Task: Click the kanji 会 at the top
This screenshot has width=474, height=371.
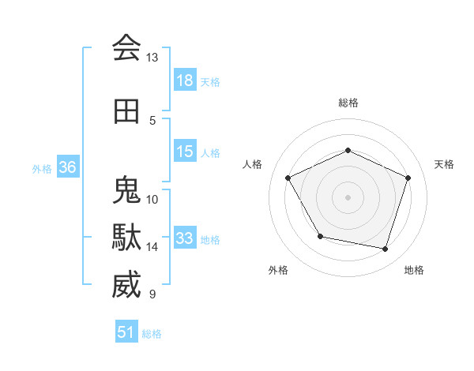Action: click(x=126, y=48)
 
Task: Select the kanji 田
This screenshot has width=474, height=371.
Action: click(x=126, y=112)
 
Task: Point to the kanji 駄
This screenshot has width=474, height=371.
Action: click(x=126, y=238)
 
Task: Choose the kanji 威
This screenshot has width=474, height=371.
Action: click(x=126, y=285)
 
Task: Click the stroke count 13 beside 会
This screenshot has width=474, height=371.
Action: click(x=152, y=58)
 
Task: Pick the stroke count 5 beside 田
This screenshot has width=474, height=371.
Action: click(x=152, y=121)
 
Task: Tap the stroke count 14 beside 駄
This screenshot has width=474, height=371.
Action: click(x=152, y=247)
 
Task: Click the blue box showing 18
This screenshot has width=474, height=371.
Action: click(x=185, y=81)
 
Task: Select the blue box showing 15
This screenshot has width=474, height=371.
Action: click(x=185, y=152)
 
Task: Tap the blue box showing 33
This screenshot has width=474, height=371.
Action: click(x=185, y=238)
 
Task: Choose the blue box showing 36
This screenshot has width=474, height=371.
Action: click(x=67, y=167)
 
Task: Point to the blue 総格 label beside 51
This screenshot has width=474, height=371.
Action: click(x=152, y=334)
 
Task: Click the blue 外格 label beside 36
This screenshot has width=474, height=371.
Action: click(x=42, y=169)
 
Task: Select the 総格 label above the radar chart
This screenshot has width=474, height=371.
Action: click(x=348, y=103)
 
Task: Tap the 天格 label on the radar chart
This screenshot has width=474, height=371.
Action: click(x=445, y=164)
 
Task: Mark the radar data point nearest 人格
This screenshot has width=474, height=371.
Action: click(x=288, y=178)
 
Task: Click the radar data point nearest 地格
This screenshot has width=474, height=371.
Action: click(x=386, y=249)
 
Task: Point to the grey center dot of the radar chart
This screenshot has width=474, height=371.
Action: click(x=348, y=197)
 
